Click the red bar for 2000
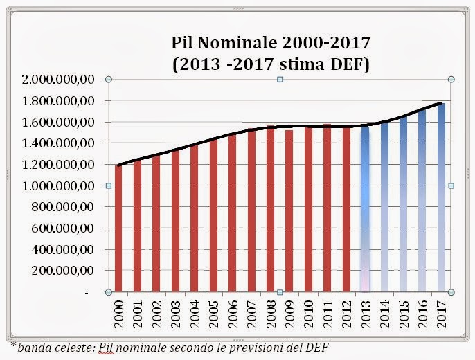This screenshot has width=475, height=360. click(x=118, y=228)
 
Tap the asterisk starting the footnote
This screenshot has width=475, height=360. click(x=12, y=343)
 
